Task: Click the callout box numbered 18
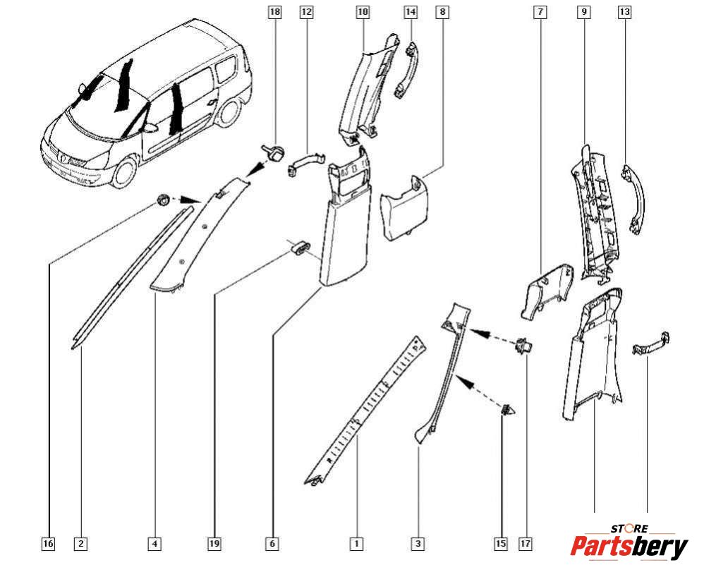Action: click(x=275, y=12)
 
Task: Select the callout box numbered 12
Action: click(x=306, y=12)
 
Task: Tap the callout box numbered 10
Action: click(x=363, y=12)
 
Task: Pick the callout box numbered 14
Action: click(x=411, y=12)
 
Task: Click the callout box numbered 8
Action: click(x=442, y=12)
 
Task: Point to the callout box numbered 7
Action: click(x=541, y=12)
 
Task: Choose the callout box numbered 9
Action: click(x=584, y=12)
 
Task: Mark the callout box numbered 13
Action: click(x=624, y=12)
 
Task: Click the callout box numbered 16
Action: click(x=48, y=544)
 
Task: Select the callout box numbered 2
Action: click(x=81, y=544)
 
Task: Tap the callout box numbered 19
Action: click(x=214, y=544)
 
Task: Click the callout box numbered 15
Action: click(x=502, y=544)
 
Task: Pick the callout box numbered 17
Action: click(x=525, y=544)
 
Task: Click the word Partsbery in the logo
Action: click(x=629, y=547)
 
